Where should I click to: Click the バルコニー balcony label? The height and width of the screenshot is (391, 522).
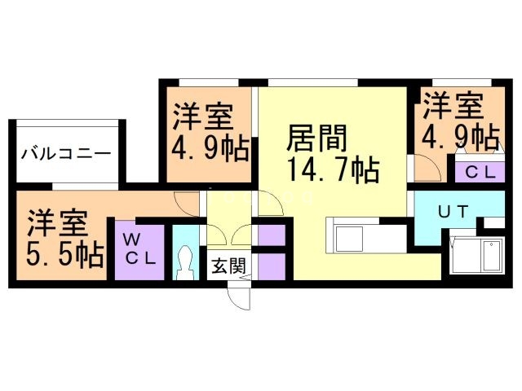point(66,152)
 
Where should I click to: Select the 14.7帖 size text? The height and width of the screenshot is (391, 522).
point(330,171)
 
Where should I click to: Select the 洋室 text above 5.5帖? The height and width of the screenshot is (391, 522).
point(57,222)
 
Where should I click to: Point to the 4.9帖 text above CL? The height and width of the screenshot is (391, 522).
point(460,135)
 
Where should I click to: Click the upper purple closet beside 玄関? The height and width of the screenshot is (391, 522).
point(270,233)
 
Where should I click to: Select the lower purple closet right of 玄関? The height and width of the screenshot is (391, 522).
point(270,266)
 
